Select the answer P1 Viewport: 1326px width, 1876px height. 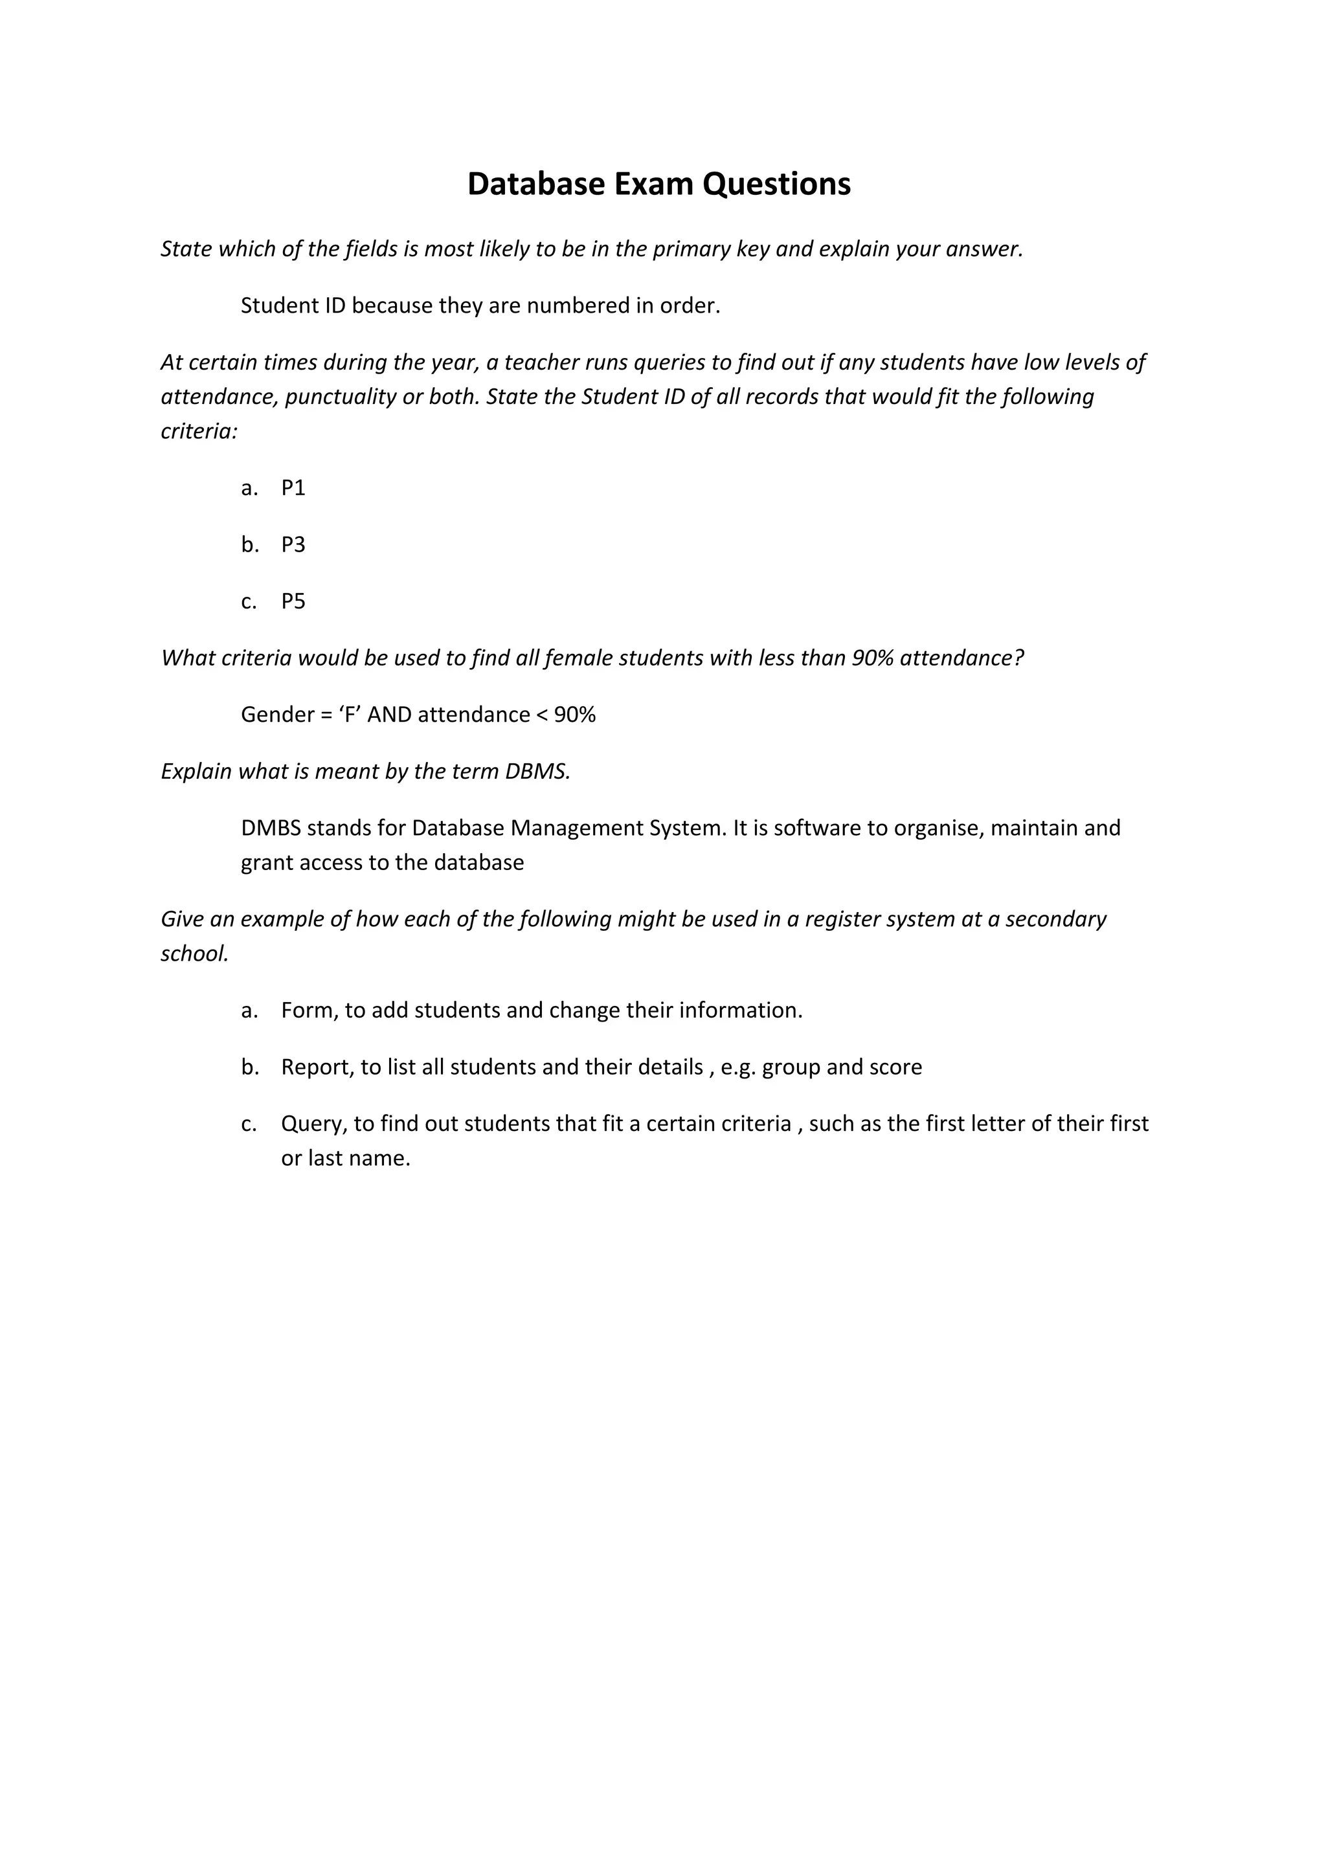(x=293, y=488)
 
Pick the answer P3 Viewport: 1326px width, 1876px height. (x=293, y=545)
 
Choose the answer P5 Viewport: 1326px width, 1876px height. (x=293, y=601)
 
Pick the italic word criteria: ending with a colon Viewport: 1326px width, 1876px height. (x=199, y=431)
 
